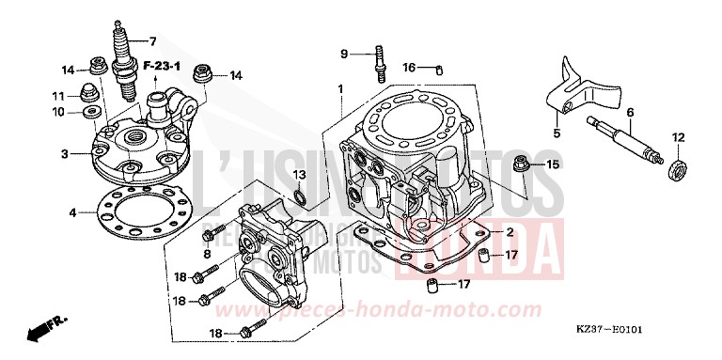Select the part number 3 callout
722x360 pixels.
tap(64, 153)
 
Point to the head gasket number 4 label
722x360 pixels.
tap(71, 212)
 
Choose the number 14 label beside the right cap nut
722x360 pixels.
tap(235, 75)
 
